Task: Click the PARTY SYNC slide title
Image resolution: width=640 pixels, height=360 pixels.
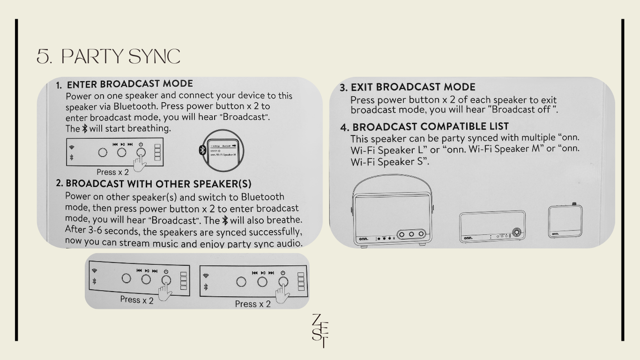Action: pyautogui.click(x=109, y=56)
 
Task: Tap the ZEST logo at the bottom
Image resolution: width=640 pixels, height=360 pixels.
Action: pyautogui.click(x=320, y=331)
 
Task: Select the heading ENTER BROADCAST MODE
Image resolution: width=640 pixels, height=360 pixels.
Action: pyautogui.click(x=130, y=84)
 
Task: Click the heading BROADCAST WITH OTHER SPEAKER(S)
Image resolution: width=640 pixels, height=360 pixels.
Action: pyautogui.click(x=158, y=184)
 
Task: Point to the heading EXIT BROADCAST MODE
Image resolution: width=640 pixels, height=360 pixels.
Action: pyautogui.click(x=413, y=87)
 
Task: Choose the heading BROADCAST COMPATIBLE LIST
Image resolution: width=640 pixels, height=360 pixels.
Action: pyautogui.click(x=430, y=127)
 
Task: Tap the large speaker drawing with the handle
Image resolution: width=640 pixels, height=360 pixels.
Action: pyautogui.click(x=392, y=210)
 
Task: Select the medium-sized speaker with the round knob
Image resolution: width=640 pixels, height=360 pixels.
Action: pyautogui.click(x=492, y=226)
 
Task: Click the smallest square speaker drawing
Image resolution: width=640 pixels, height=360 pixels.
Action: pyautogui.click(x=565, y=220)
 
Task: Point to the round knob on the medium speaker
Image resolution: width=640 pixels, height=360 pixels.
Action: pyautogui.click(x=517, y=232)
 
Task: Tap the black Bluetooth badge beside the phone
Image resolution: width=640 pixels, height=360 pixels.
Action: pyautogui.click(x=202, y=150)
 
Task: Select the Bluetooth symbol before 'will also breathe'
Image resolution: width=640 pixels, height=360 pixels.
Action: pyautogui.click(x=225, y=220)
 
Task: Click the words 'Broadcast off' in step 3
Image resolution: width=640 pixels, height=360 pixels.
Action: pyautogui.click(x=520, y=110)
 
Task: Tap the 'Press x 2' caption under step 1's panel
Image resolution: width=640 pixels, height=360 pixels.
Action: pyautogui.click(x=112, y=172)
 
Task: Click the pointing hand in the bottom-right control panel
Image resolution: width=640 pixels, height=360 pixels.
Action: pyautogui.click(x=283, y=294)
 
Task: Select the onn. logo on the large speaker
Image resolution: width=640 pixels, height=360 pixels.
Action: pyautogui.click(x=364, y=239)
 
